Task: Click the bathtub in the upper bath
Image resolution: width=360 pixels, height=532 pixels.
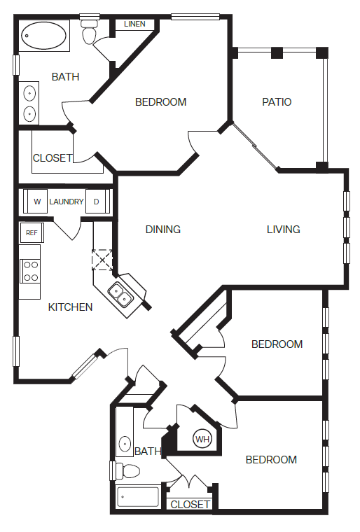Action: pos(44,36)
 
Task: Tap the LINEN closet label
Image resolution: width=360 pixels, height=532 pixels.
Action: pos(134,24)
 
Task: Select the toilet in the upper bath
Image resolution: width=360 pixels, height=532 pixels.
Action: pos(90,32)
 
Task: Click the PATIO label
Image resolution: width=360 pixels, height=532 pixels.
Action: pos(277,101)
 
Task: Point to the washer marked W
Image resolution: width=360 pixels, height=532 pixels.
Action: pos(36,202)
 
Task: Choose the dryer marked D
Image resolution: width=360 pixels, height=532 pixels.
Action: pos(97,202)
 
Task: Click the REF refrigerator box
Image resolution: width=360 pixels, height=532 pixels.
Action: pos(32,232)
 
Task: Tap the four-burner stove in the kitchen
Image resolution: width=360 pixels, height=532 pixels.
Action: pos(30,271)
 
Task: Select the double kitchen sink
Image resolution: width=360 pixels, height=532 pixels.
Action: pos(120,295)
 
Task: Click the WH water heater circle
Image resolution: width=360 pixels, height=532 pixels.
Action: pos(202,440)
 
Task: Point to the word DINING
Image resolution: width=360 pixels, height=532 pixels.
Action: pos(162,230)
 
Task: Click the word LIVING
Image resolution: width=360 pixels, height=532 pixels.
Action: pos(283,230)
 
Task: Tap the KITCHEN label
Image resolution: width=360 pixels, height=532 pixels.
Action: pos(70,307)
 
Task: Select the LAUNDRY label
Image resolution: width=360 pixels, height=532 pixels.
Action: pos(67,202)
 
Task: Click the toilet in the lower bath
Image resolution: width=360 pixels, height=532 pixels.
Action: pos(127,471)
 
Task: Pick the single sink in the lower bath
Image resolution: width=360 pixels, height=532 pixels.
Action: pos(125,443)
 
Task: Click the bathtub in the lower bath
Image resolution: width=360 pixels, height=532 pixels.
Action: pos(138,497)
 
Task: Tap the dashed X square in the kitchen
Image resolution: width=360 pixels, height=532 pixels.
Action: pos(102,260)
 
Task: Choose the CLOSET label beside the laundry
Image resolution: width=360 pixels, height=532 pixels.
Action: pos(53,157)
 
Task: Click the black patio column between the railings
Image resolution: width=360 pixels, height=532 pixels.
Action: pos(277,52)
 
